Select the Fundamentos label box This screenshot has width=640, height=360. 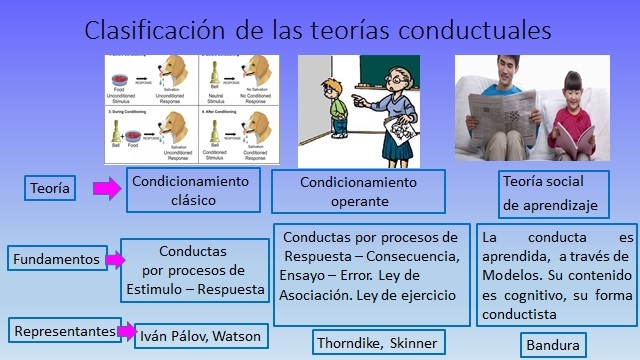tap(56, 260)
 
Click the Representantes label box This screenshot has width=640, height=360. tap(62, 329)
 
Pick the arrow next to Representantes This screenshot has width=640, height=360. tap(125, 330)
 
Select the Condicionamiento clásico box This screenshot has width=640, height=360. tap(193, 189)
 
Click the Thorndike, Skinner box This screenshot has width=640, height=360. tap(375, 343)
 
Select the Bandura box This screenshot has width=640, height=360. tap(552, 346)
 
